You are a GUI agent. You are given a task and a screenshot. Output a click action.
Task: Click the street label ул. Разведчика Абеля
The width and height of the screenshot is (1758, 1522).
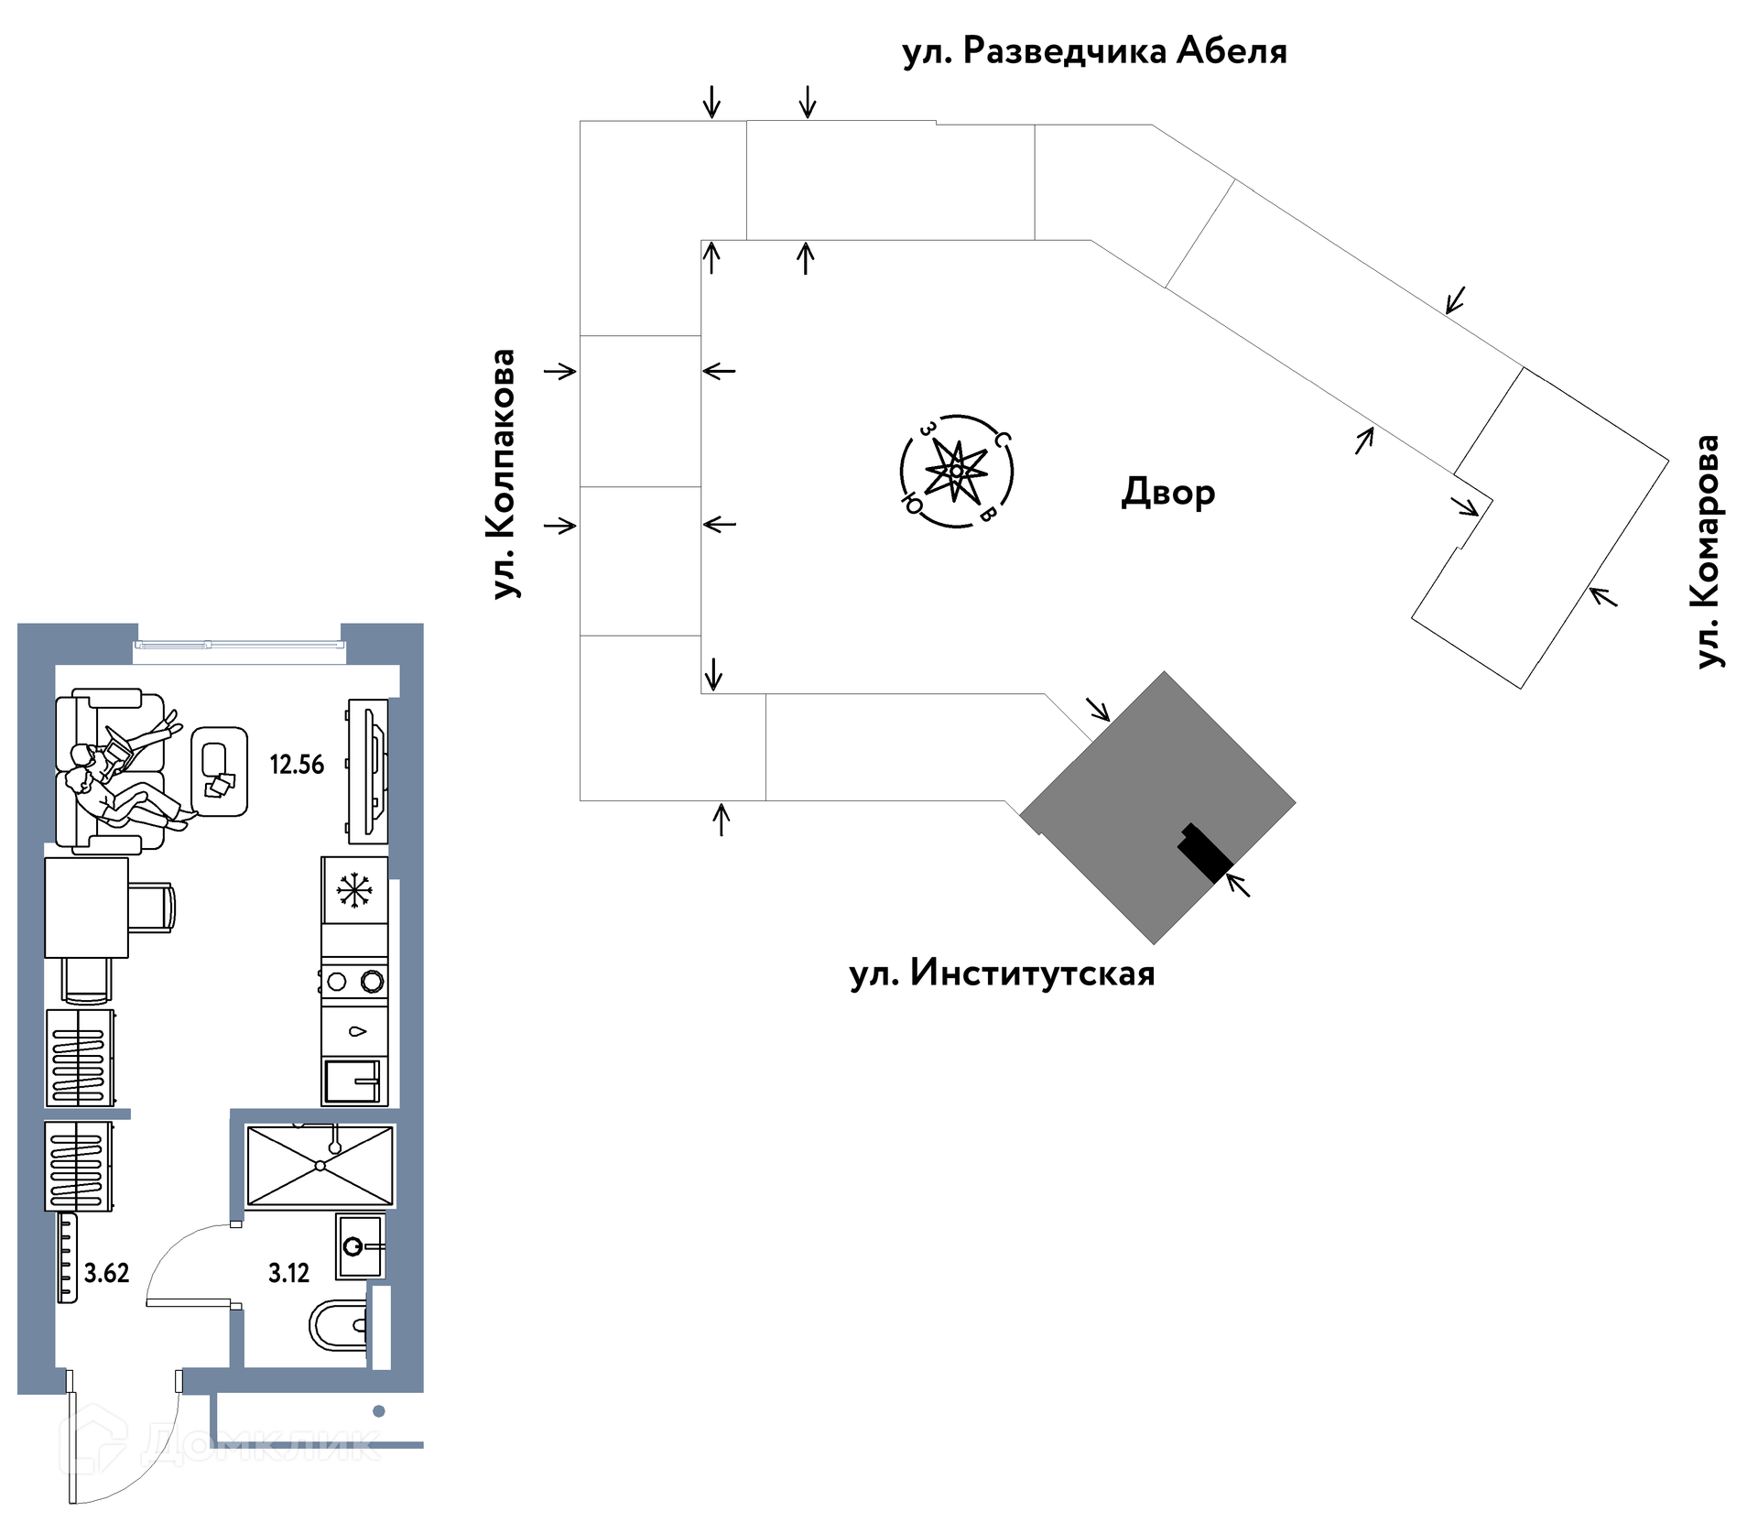tap(1094, 51)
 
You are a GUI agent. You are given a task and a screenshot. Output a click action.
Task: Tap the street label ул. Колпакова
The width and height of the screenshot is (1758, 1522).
tap(504, 474)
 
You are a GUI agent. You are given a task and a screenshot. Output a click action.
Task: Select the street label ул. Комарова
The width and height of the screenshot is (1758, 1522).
tap(1708, 551)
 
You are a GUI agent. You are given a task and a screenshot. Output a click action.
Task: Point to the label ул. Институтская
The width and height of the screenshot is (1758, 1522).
tap(1002, 973)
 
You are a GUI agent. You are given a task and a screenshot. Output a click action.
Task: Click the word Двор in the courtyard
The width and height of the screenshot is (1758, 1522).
tap(1168, 493)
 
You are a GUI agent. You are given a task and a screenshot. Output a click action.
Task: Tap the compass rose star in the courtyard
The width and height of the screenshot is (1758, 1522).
tap(957, 471)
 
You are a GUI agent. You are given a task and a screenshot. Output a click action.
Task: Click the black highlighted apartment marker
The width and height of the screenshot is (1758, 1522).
tap(1205, 853)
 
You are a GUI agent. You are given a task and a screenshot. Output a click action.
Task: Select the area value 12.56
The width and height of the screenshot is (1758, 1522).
tap(297, 765)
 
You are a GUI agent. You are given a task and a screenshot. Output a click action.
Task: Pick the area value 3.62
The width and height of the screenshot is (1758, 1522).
tap(107, 1273)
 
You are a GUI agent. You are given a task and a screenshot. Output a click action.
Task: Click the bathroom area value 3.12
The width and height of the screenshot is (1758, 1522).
tap(288, 1273)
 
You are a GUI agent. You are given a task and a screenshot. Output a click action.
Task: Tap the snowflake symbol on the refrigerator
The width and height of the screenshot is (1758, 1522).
tap(354, 890)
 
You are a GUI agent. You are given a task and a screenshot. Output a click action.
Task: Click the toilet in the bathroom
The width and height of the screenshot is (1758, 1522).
tap(338, 1324)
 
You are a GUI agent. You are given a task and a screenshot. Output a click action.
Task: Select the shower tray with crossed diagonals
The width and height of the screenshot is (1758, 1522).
tap(320, 1166)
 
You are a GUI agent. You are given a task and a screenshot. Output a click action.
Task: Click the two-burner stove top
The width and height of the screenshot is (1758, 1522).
tap(354, 982)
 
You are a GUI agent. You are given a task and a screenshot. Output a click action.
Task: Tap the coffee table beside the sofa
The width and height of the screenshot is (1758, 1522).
tap(220, 771)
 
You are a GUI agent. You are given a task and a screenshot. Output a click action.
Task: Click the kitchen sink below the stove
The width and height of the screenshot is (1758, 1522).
tap(354, 1082)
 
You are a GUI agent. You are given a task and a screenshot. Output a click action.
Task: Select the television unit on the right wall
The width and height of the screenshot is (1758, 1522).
tap(368, 771)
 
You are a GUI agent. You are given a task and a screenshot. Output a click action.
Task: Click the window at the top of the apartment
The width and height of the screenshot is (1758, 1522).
tap(240, 645)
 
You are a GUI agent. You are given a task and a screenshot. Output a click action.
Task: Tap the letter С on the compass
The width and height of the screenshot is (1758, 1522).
tap(1003, 440)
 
